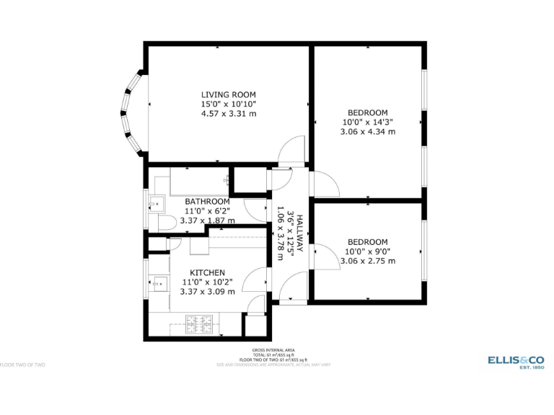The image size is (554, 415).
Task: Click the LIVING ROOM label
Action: (228, 94)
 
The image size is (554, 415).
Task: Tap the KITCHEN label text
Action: (207, 272)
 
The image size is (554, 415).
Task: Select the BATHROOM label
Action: (207, 201)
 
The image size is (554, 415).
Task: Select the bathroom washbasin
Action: (155, 201)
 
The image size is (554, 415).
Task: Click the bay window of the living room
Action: (131, 112)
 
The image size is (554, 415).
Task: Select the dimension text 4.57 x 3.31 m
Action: (228, 114)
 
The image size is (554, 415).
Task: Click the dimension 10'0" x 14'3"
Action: (368, 122)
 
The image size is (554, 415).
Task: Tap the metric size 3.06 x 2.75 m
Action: (368, 262)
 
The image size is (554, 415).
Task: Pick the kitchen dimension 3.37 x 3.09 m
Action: (207, 292)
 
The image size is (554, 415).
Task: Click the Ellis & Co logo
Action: (516, 360)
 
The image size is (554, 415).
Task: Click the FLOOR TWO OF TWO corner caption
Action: (22, 365)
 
